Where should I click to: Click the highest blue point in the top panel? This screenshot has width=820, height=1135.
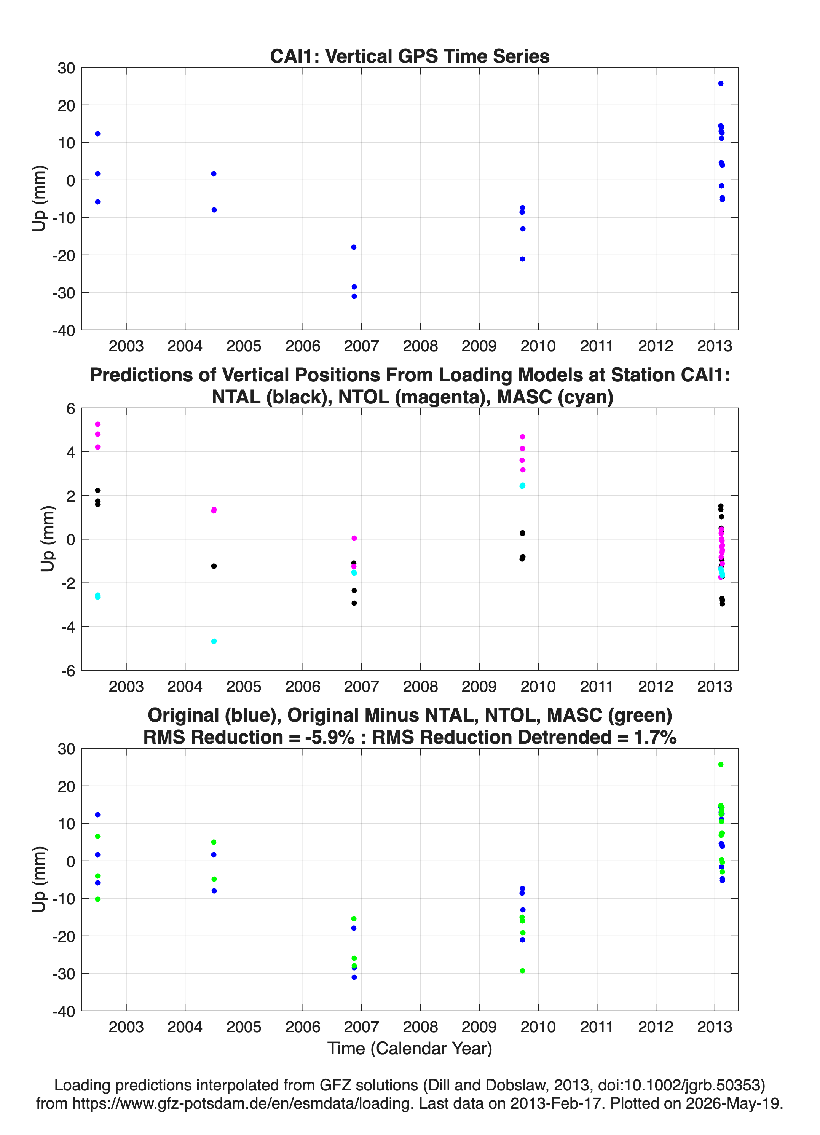(720, 84)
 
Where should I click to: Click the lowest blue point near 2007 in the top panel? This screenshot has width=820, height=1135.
(354, 296)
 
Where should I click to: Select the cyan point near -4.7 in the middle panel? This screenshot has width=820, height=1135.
(214, 641)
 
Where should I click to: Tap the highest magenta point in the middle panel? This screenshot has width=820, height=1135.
(97, 424)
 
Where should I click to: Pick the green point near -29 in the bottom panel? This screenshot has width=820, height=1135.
(522, 971)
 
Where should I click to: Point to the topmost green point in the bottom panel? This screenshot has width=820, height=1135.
(720, 765)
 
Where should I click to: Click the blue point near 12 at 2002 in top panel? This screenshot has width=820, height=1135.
(97, 134)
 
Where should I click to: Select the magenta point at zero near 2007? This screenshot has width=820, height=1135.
(354, 538)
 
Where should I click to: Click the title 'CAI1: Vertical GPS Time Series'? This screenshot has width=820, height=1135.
(410, 56)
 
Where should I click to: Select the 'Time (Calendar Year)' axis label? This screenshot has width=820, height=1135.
(410, 1049)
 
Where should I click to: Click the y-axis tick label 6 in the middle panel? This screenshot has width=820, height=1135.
(70, 409)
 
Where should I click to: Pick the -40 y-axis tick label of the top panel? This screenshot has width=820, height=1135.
(64, 330)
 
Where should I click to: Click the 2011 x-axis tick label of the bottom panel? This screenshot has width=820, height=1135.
(597, 1027)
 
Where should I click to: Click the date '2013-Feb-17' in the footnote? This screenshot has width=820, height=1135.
(556, 1103)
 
